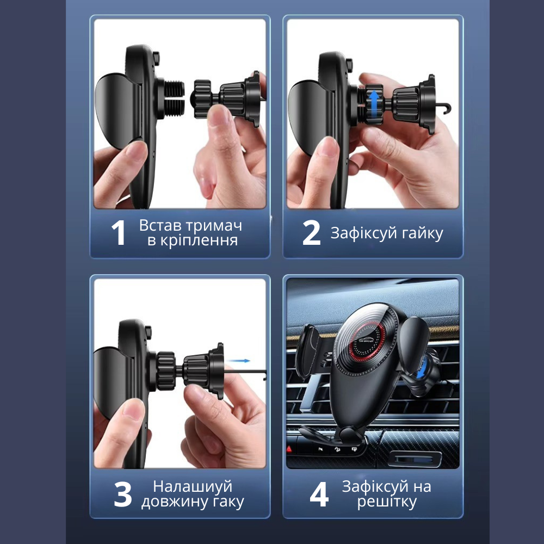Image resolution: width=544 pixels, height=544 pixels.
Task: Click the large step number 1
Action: (x=119, y=233)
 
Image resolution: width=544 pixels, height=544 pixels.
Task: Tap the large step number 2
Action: (x=311, y=233)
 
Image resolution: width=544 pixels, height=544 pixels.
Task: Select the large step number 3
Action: (x=123, y=494)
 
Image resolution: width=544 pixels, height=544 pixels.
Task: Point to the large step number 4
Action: (x=319, y=494)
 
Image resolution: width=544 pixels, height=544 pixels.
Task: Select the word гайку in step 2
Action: (x=422, y=233)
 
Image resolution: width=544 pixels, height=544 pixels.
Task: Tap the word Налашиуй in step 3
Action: (x=193, y=486)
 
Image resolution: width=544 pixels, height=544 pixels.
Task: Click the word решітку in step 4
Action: (x=387, y=502)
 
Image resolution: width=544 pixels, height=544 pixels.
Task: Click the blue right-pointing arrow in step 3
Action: (x=239, y=361)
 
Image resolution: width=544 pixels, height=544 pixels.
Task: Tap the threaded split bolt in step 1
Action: (x=174, y=99)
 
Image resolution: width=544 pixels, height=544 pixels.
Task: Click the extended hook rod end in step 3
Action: (x=264, y=375)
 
